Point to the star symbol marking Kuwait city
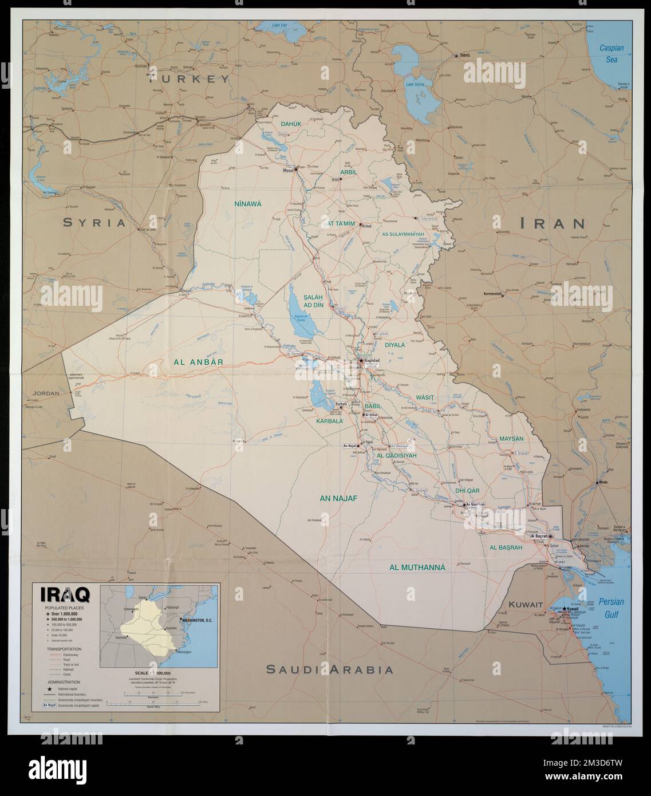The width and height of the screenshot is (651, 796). (565, 609)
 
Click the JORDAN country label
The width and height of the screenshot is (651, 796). (47, 393)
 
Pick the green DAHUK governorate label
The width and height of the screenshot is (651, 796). (290, 123)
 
